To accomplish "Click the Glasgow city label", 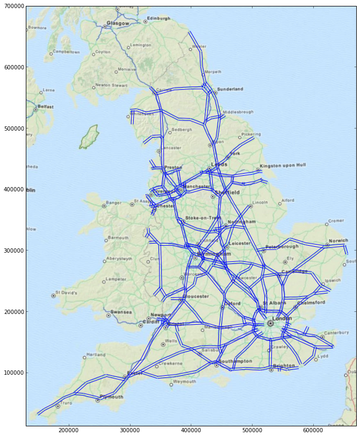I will [x=118, y=23].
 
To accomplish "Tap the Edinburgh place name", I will [x=159, y=18].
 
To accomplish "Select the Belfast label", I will [x=46, y=106].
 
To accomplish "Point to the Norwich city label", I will [x=339, y=241].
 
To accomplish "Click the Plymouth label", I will [x=111, y=397].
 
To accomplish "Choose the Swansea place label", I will [x=121, y=312].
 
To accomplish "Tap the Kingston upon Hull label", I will [x=283, y=166].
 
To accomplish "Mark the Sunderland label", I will [x=230, y=89].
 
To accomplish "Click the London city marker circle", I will [x=270, y=324].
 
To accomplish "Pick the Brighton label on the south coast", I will [x=284, y=366].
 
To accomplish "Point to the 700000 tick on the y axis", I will [x=13, y=6].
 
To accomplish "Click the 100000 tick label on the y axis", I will [x=13, y=373].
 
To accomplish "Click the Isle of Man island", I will [x=89, y=137].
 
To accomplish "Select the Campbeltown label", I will [x=67, y=52].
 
